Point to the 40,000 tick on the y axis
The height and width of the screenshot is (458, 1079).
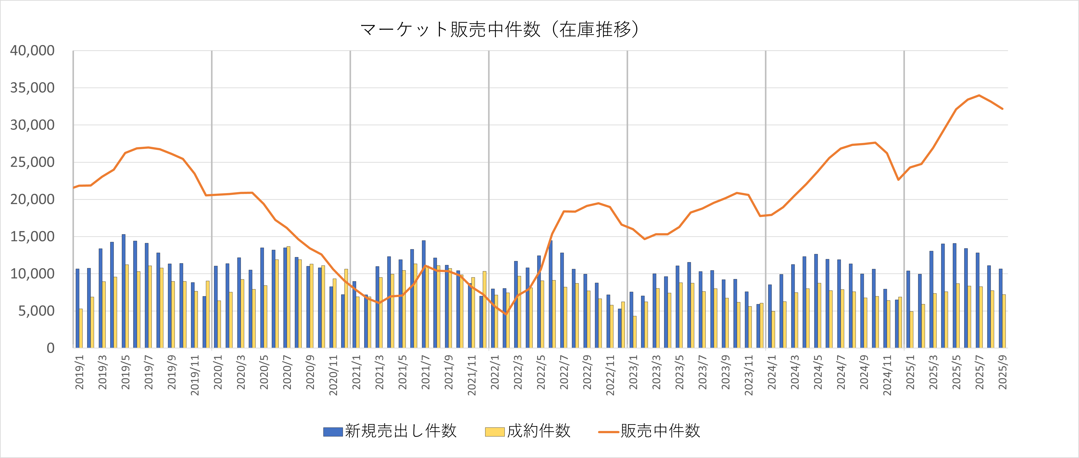32,51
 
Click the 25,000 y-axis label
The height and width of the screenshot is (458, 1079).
32,162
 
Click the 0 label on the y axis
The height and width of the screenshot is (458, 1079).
50,348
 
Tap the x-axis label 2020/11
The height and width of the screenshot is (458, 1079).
333,375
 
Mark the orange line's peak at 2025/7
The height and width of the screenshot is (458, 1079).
979,96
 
